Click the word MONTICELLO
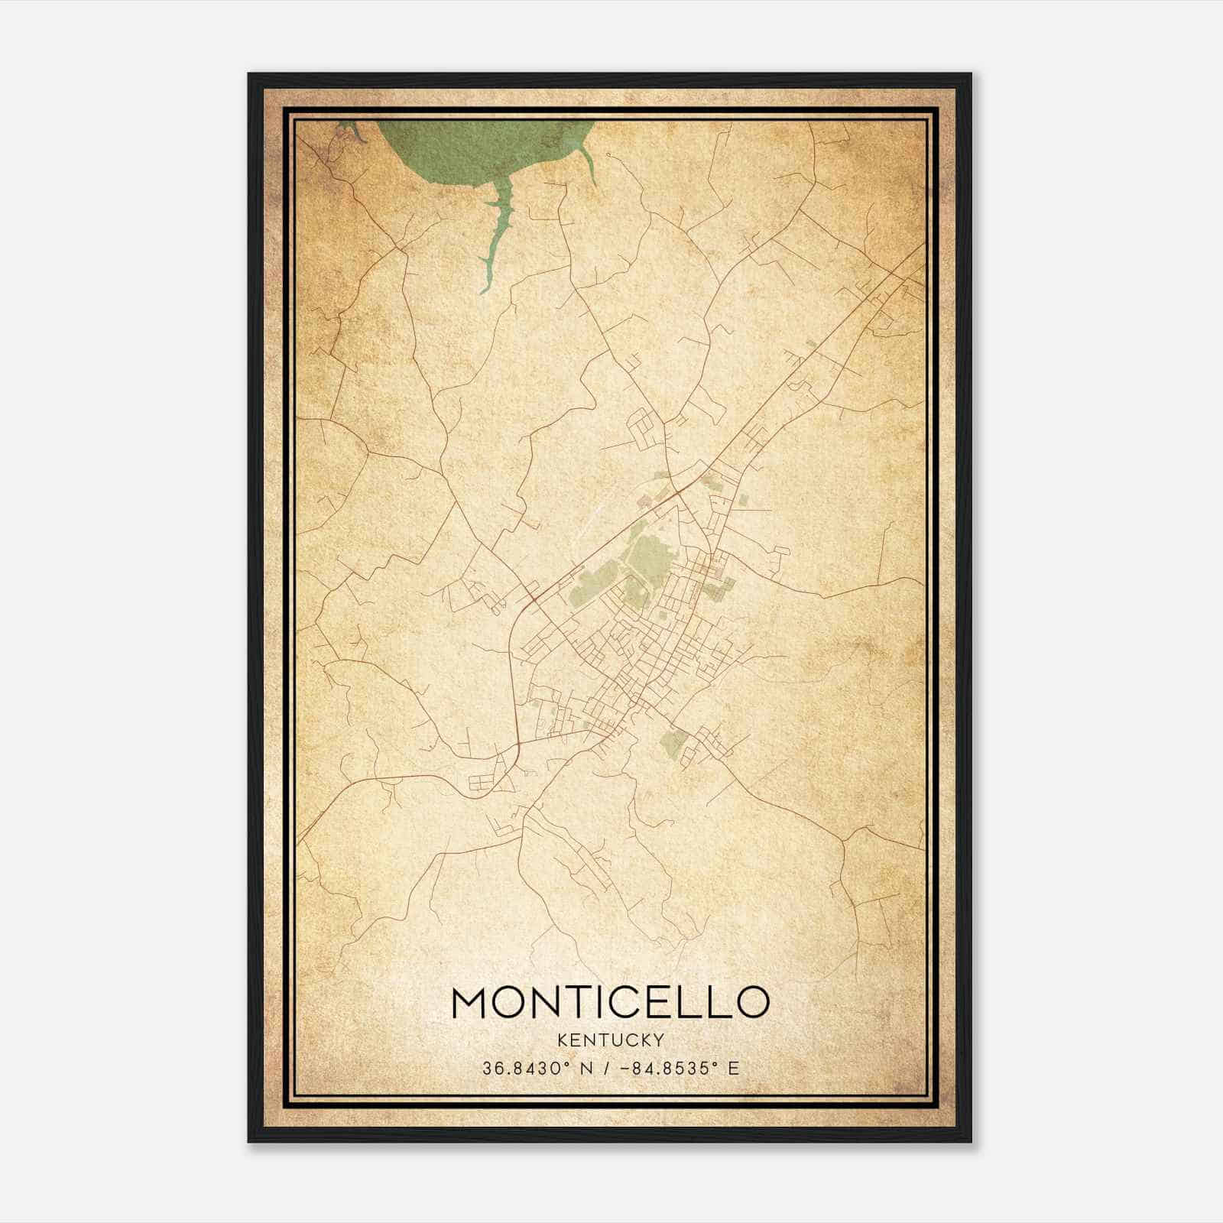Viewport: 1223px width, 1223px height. (x=610, y=1002)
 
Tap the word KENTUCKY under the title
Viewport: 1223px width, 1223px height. (x=611, y=1040)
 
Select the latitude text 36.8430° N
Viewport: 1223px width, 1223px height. (x=537, y=1069)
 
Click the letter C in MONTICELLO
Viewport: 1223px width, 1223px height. (x=624, y=1002)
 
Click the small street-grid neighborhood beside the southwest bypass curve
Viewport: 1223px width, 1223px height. (x=482, y=782)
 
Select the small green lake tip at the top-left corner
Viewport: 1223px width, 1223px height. (x=348, y=131)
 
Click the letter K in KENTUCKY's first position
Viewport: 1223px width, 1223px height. (x=563, y=1040)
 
